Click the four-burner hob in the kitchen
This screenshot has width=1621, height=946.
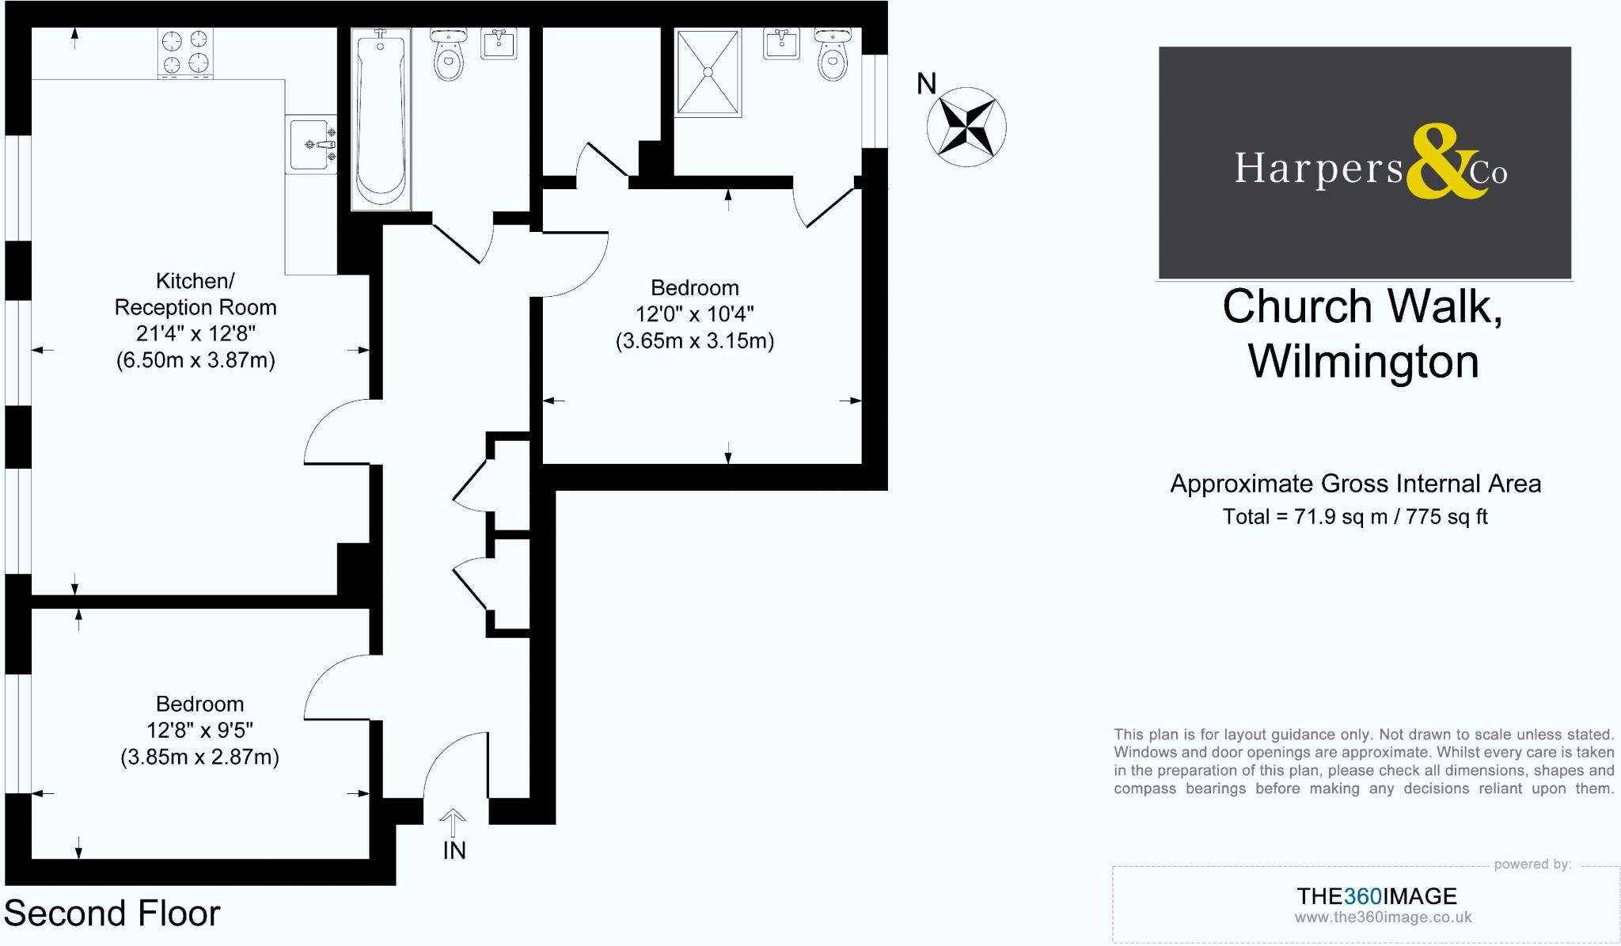(186, 52)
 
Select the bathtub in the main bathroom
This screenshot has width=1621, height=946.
(381, 119)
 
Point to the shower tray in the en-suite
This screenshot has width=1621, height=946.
(708, 72)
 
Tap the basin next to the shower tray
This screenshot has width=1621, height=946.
(784, 44)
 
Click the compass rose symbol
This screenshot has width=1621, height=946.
(966, 127)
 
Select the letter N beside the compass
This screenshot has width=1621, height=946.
(926, 84)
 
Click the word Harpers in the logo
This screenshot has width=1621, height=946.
(1318, 168)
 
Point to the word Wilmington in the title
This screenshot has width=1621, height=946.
(1363, 362)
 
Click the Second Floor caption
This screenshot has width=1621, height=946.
(112, 914)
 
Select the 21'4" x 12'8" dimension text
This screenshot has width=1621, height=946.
(196, 333)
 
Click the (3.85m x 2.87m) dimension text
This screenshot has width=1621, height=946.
(199, 758)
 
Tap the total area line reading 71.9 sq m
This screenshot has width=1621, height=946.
(1354, 517)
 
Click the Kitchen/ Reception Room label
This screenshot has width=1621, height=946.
(196, 294)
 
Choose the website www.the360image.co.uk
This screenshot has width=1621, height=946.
(1383, 918)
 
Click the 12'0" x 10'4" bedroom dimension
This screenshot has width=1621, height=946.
(694, 314)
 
